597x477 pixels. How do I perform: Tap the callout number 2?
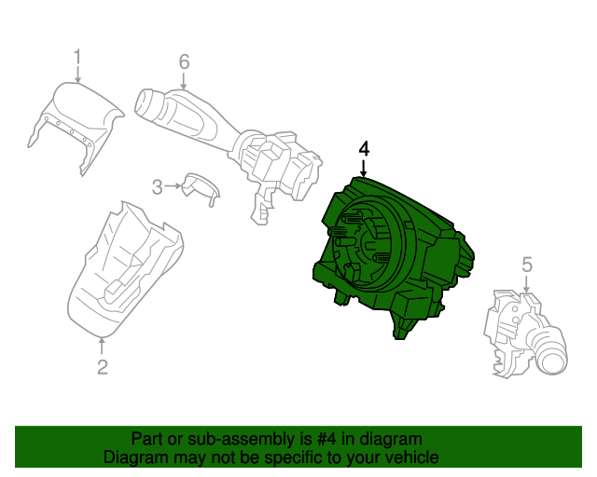103,366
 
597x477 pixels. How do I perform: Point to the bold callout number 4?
364,149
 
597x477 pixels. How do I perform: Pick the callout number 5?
526,266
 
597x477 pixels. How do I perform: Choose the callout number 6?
184,61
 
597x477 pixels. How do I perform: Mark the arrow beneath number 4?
364,168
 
